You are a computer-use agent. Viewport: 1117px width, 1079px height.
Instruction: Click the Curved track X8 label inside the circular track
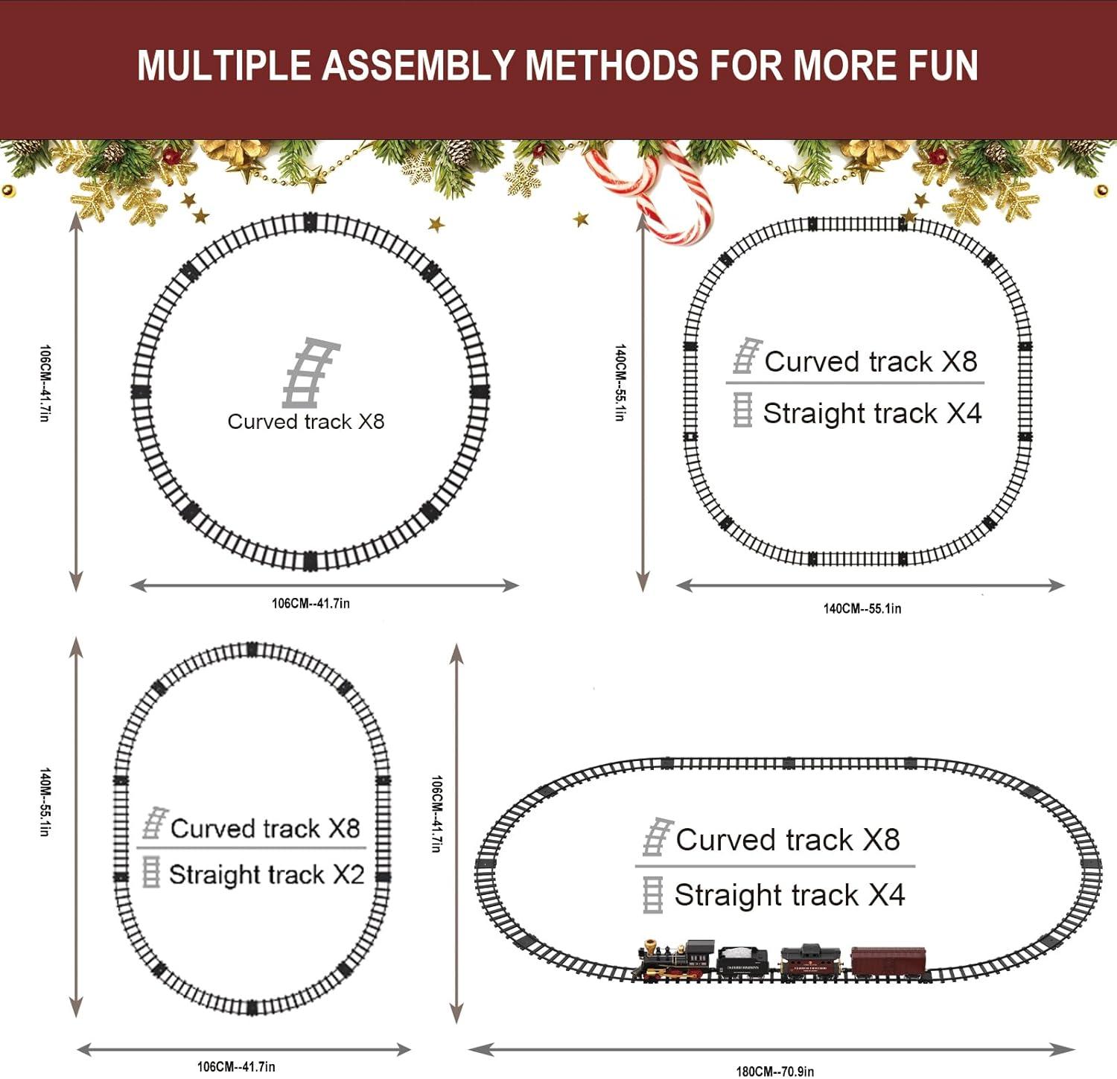click(x=306, y=421)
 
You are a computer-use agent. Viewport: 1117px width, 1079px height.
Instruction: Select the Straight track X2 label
click(x=266, y=874)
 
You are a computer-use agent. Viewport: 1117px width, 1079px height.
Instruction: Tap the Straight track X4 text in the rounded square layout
click(x=872, y=413)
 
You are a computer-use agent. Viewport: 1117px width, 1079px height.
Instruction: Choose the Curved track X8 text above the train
click(x=788, y=840)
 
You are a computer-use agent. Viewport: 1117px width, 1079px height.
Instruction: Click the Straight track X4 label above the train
click(x=789, y=895)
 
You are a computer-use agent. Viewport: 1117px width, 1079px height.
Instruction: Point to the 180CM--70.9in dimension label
click(x=775, y=1072)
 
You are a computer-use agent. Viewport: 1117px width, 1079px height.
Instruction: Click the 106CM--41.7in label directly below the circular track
click(x=311, y=603)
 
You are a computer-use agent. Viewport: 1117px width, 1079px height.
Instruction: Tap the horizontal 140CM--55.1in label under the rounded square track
click(x=862, y=608)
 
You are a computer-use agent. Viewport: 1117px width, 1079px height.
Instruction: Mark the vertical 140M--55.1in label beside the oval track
click(x=45, y=802)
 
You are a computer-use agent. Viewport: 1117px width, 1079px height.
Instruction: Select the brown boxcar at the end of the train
click(x=889, y=962)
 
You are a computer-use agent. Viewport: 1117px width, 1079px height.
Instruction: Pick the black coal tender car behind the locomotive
click(x=742, y=961)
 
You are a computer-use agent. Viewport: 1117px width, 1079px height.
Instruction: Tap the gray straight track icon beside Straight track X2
click(x=151, y=872)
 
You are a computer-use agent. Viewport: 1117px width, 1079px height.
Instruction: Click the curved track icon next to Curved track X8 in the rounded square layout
click(x=746, y=357)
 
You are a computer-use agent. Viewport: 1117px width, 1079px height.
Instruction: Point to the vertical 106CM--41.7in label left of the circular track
click(x=45, y=383)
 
